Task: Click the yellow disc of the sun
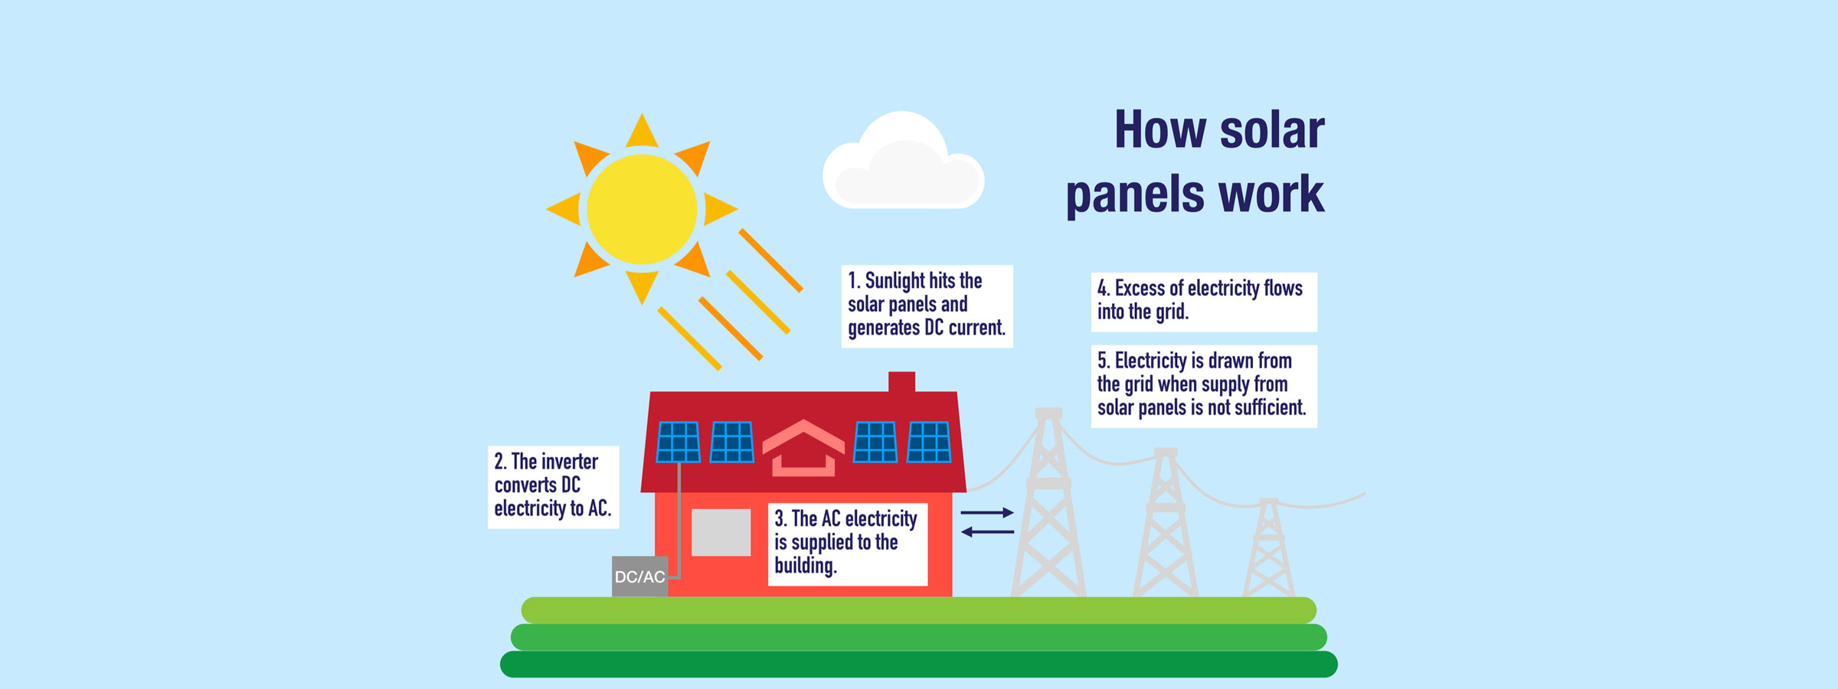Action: click(x=642, y=209)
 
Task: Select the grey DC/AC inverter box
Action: click(x=639, y=576)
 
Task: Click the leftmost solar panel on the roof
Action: click(x=679, y=442)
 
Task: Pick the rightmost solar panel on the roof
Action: click(x=929, y=442)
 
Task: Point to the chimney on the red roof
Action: click(x=901, y=381)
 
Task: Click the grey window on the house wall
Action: click(x=721, y=532)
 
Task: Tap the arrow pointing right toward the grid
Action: click(x=987, y=512)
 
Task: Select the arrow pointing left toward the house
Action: click(x=987, y=531)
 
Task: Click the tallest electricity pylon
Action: click(x=1048, y=505)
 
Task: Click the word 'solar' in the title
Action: click(x=1271, y=130)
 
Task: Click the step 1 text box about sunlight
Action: click(x=927, y=305)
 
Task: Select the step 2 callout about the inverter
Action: click(x=553, y=486)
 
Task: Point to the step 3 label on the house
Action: click(x=847, y=544)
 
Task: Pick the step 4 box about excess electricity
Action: click(x=1203, y=301)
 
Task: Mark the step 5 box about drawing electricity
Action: click(x=1203, y=385)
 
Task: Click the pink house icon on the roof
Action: click(x=803, y=449)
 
